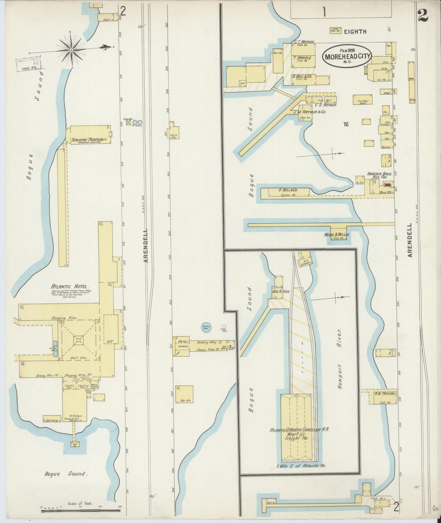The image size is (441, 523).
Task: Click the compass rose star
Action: [71, 49]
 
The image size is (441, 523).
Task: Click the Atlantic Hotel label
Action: [70, 287]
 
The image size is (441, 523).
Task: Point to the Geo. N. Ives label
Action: [276, 291]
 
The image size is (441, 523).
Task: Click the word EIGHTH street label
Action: [355, 31]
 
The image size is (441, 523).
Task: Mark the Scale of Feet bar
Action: [81, 507]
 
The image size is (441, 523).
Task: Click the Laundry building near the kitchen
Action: [52, 420]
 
